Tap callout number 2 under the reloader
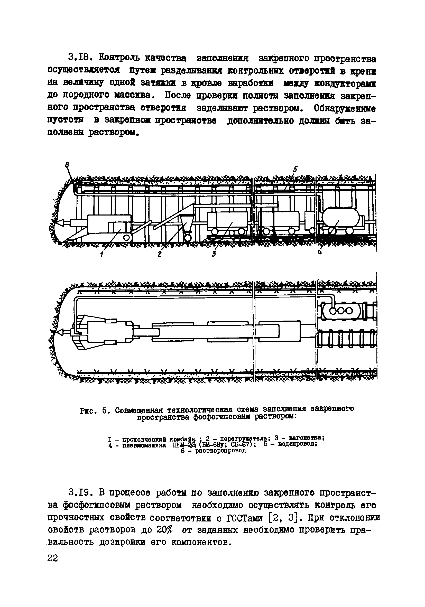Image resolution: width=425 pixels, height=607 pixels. (160, 254)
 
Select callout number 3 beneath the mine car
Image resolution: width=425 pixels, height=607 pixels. (214, 254)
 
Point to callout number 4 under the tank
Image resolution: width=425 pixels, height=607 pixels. (320, 253)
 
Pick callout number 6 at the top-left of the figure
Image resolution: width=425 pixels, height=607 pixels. (67, 165)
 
